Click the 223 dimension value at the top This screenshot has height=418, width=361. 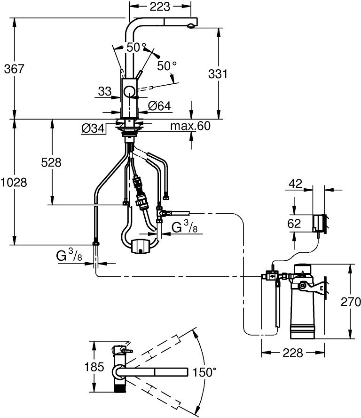pyautogui.click(x=160, y=7)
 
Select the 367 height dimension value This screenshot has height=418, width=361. pyautogui.click(x=14, y=69)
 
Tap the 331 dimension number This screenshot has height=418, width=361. pyautogui.click(x=218, y=74)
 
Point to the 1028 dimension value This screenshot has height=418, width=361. pyautogui.click(x=14, y=183)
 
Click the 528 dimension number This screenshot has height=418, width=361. pyautogui.click(x=51, y=162)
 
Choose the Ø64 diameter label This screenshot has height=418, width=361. pyautogui.click(x=159, y=106)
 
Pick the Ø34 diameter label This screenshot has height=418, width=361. pyautogui.click(x=93, y=129)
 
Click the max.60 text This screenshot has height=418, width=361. pyautogui.click(x=190, y=126)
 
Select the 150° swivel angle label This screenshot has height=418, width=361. pyautogui.click(x=204, y=372)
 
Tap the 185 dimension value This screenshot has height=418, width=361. pyautogui.click(x=94, y=367)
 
